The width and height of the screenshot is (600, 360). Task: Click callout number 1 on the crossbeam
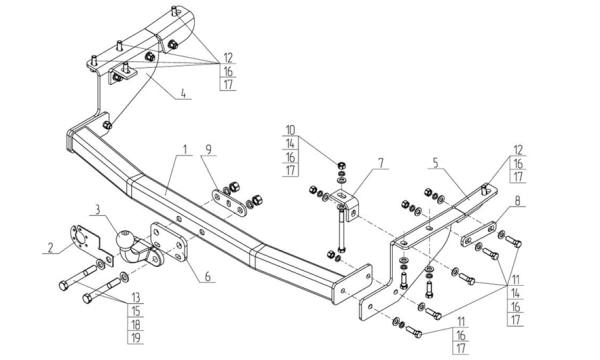(185, 150)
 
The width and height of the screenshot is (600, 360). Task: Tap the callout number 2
(50, 248)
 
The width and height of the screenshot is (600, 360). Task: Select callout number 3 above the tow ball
(98, 209)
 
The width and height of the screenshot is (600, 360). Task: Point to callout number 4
(183, 93)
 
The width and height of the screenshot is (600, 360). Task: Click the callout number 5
(436, 163)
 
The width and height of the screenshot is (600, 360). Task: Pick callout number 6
(208, 276)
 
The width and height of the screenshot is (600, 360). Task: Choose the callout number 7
(380, 163)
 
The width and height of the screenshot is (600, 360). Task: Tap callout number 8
(518, 200)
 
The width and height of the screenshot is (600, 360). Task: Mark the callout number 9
(209, 150)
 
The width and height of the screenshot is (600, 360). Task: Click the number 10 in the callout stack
(290, 130)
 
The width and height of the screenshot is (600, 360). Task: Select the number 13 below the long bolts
(135, 297)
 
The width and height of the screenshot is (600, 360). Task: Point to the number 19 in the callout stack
(135, 337)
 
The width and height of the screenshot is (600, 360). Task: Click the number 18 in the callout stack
(135, 324)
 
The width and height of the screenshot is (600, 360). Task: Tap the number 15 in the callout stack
(135, 311)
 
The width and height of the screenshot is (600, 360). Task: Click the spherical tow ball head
(124, 240)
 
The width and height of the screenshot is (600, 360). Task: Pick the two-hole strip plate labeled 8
(479, 234)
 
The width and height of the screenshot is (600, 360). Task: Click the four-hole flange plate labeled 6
(169, 241)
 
